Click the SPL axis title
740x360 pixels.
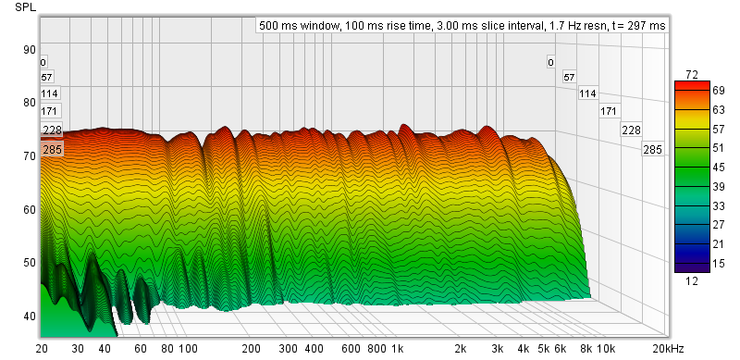coord(26,7)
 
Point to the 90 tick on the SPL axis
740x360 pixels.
coord(30,50)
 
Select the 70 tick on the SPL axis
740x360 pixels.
coord(30,155)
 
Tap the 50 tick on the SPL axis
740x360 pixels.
coord(30,262)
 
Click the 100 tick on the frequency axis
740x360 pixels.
coord(188,350)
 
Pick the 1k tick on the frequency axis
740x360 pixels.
coord(398,350)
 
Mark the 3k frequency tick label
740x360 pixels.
coord(497,350)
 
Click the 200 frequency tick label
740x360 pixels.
coord(251,350)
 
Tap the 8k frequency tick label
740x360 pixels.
coord(586,350)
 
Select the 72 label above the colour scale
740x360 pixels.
coord(692,75)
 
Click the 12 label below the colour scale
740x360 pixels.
coord(692,281)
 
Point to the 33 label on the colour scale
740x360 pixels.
coord(719,206)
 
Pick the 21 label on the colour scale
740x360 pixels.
coord(719,244)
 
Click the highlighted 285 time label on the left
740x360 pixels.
coord(51,150)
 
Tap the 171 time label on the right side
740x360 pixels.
coord(609,111)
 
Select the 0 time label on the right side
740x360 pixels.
coord(550,62)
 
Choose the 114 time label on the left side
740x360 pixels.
coord(49,93)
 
